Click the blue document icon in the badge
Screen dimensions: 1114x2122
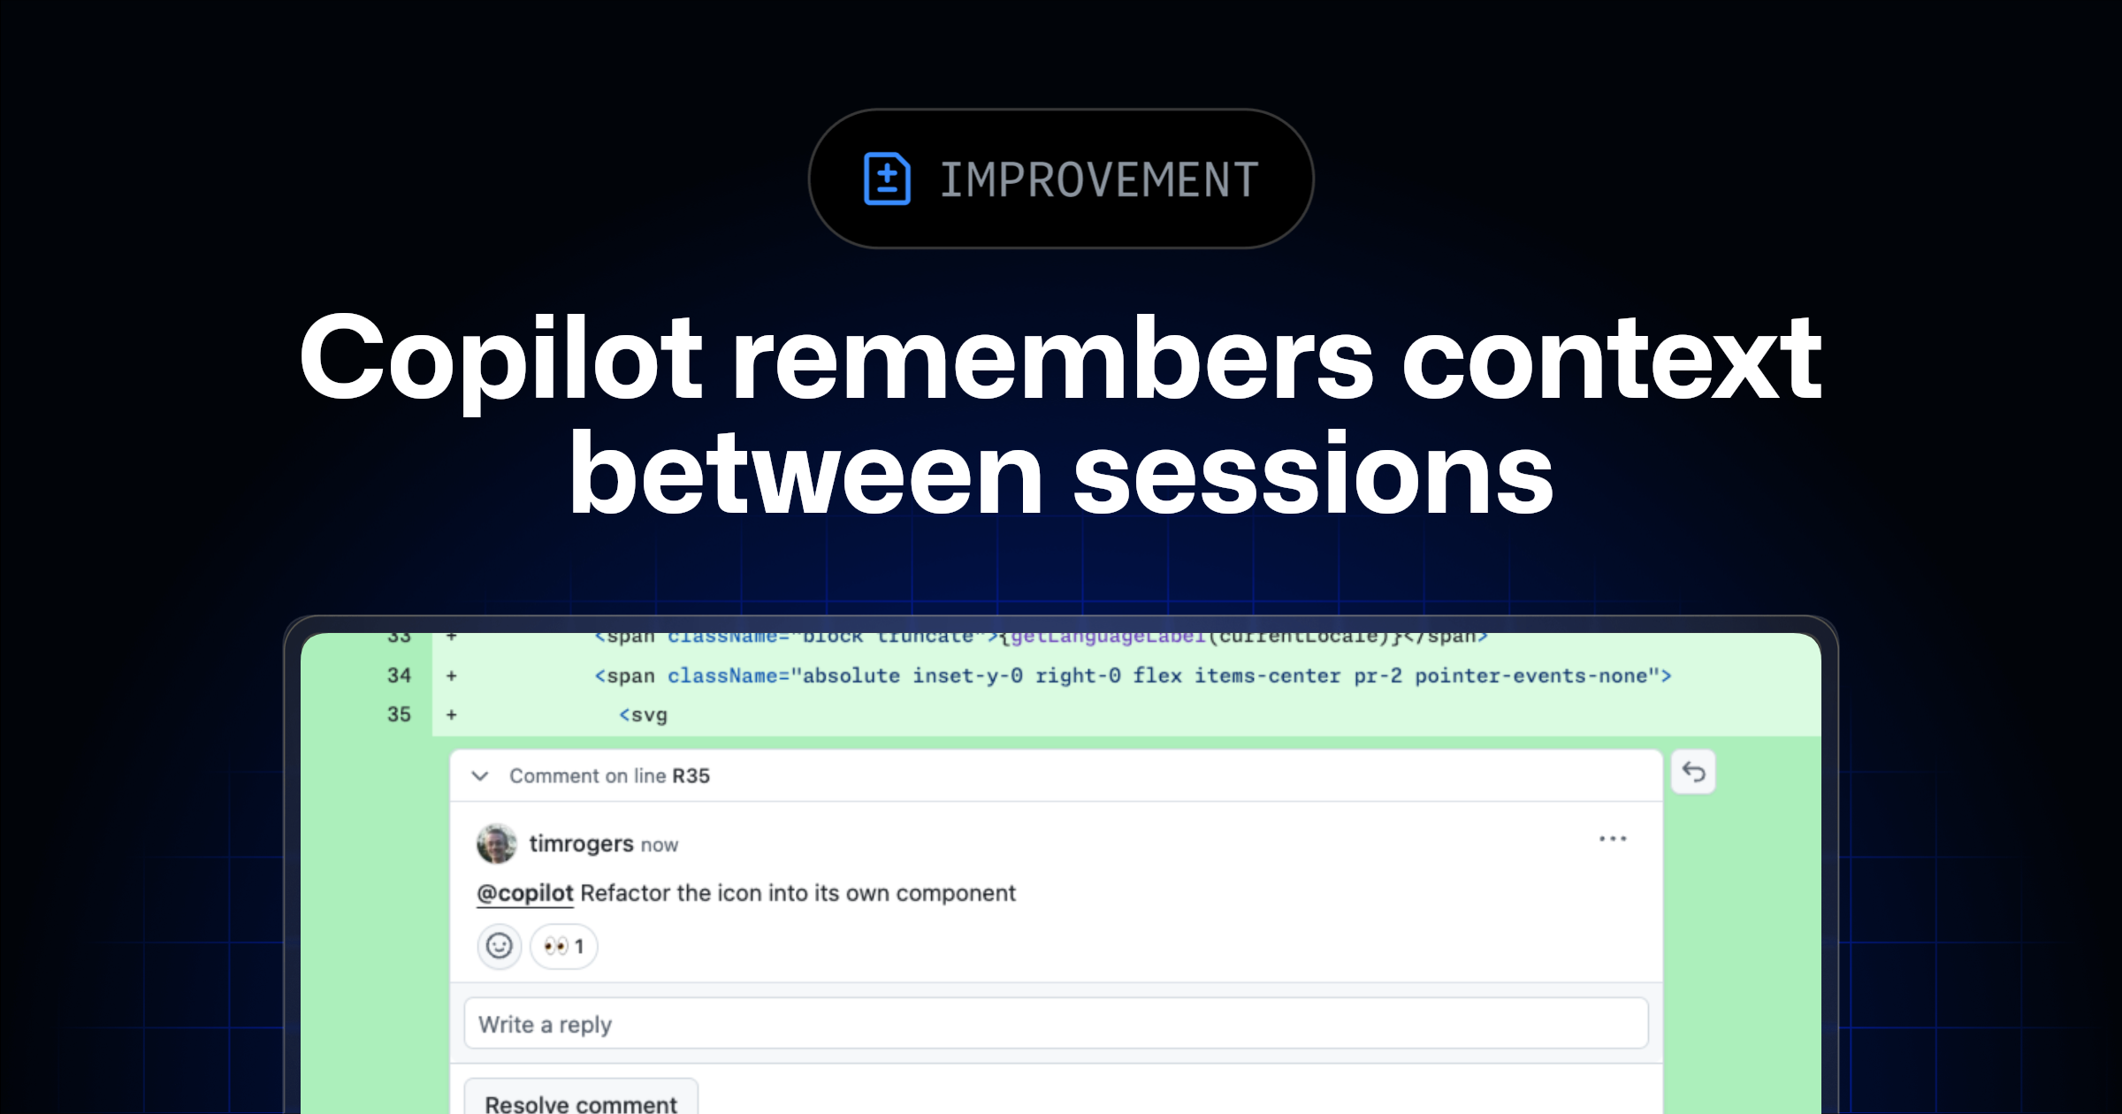886,179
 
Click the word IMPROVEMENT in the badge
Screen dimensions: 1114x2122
1099,180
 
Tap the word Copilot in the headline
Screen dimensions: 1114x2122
500,359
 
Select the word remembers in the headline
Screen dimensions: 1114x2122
1052,359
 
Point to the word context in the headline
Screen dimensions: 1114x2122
1611,359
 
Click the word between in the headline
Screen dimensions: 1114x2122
805,474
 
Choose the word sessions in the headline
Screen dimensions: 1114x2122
1313,474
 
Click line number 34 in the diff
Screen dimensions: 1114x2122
399,676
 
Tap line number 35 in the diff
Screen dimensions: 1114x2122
399,715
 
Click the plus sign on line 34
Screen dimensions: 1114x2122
452,676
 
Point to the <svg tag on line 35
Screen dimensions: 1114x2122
643,715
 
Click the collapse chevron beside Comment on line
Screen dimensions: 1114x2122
480,776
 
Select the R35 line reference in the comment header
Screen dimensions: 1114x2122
691,776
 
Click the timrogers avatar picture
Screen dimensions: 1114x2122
497,844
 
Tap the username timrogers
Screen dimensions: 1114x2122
581,844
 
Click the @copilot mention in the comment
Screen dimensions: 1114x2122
525,894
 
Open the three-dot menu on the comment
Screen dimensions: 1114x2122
1613,839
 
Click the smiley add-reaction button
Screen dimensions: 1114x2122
500,947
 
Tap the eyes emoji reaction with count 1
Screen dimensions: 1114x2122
564,947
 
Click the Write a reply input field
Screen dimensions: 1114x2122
1056,1024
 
